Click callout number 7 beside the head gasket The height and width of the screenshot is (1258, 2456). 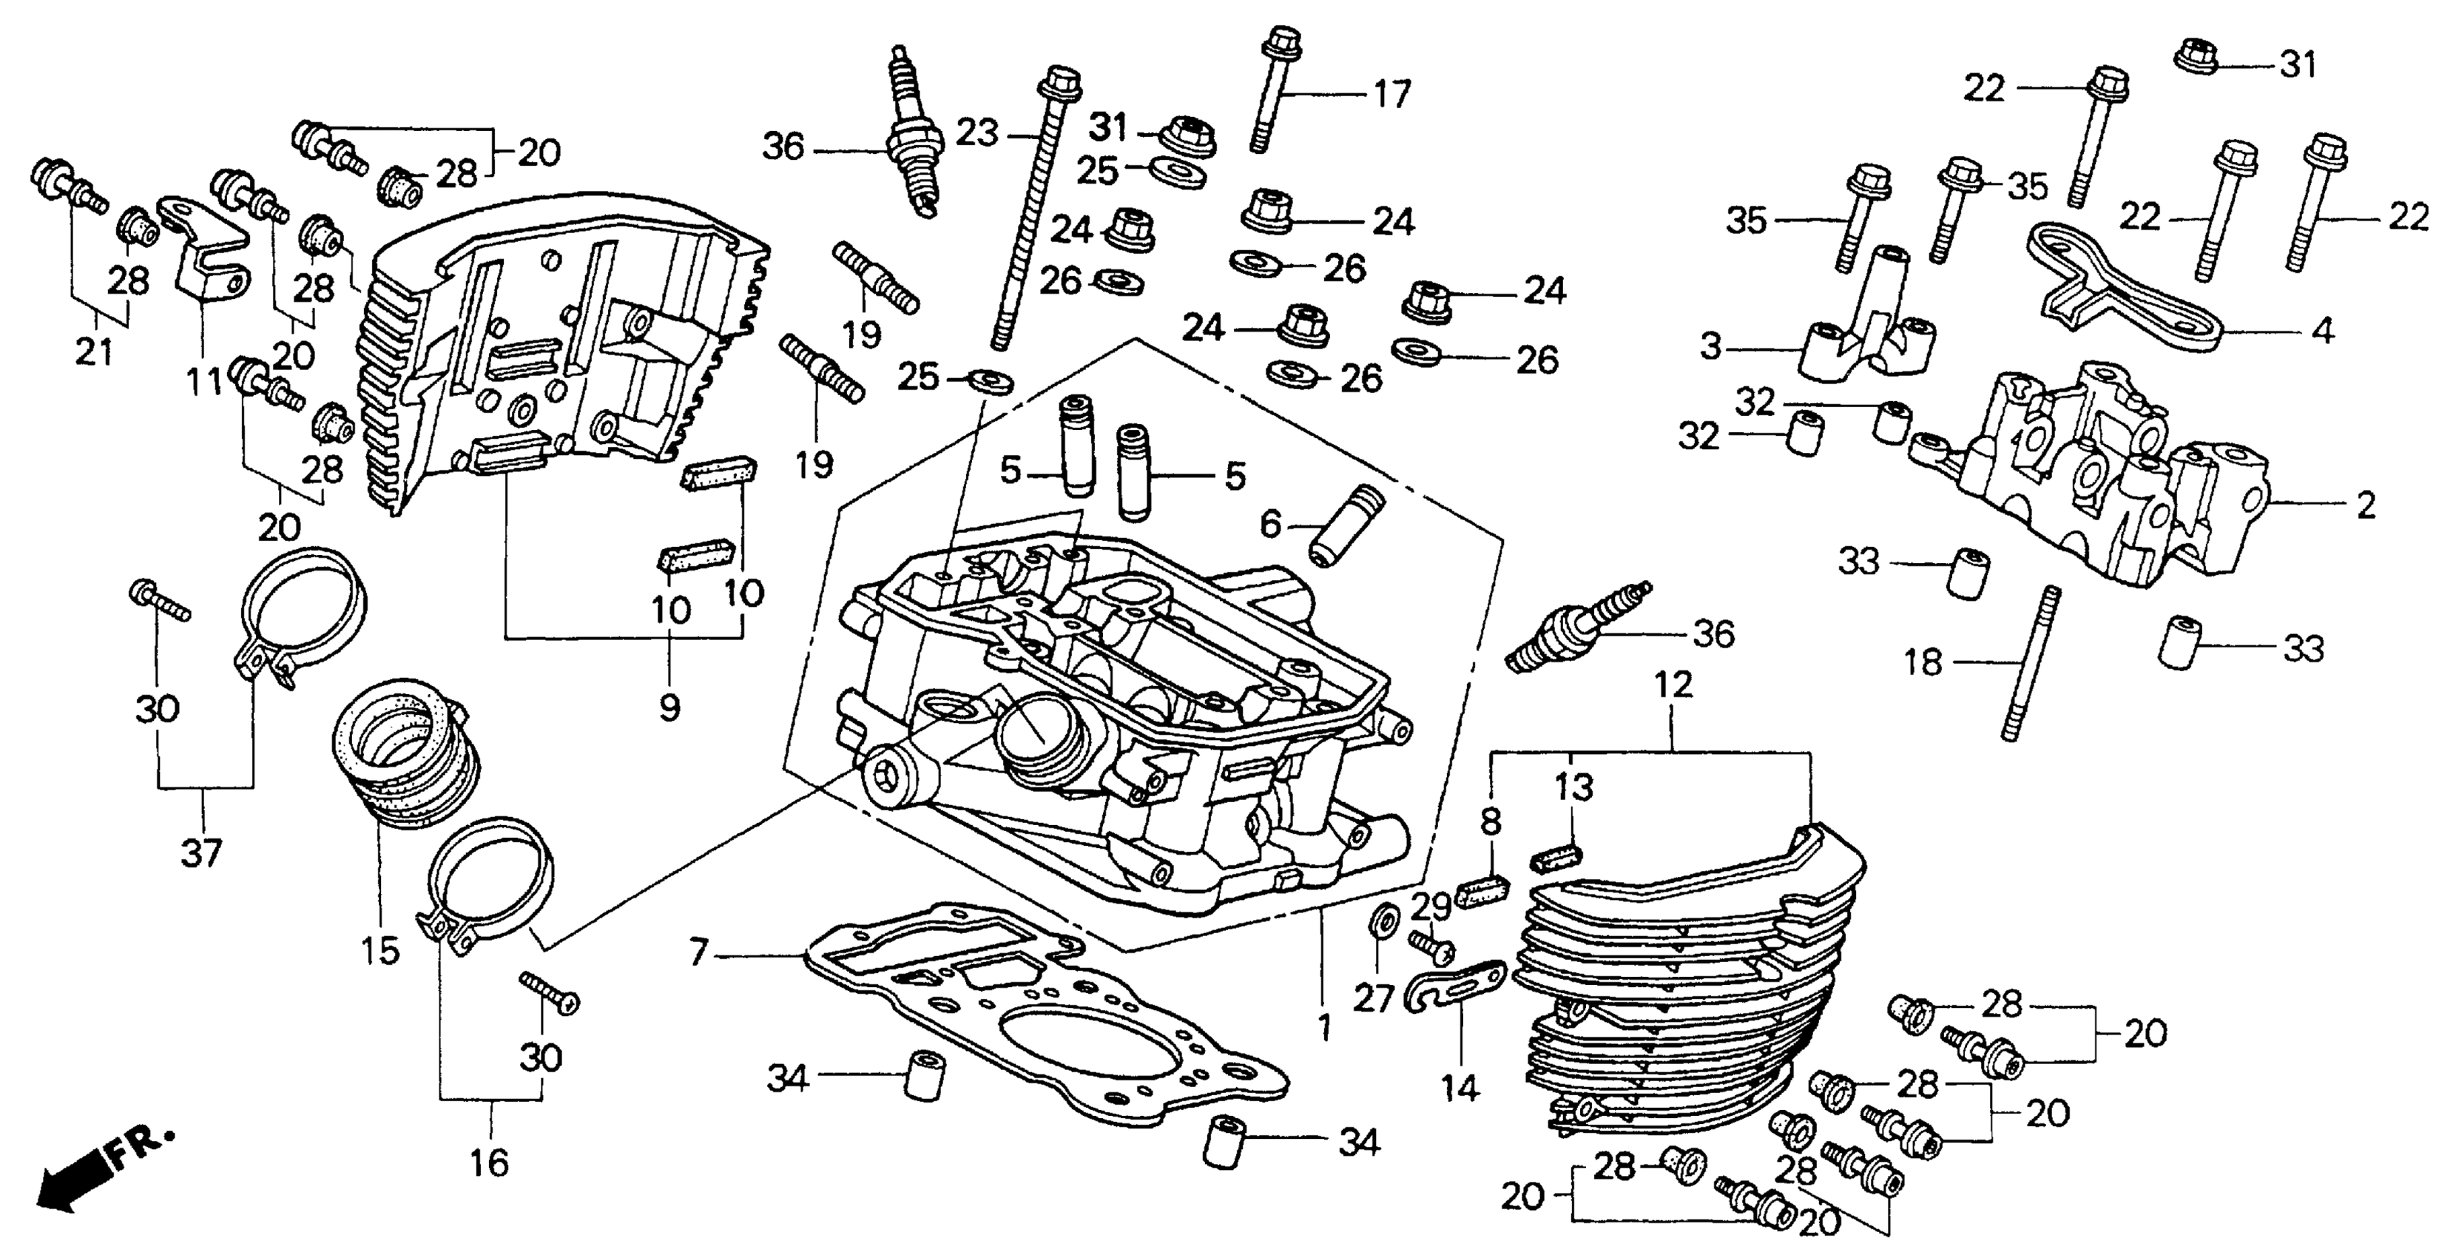tap(699, 952)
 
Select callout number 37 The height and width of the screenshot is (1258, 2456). tap(201, 852)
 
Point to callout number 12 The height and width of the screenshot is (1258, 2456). tap(1673, 684)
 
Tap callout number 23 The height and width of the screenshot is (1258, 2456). tap(977, 132)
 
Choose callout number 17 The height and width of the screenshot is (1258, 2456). tap(1392, 95)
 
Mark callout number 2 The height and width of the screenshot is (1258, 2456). tap(2366, 505)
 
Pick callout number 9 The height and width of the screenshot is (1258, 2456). tap(669, 707)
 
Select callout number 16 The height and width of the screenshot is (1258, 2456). tap(489, 1163)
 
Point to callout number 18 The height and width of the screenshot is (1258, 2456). tap(1922, 662)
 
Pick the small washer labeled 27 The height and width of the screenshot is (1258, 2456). tap(1382, 921)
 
